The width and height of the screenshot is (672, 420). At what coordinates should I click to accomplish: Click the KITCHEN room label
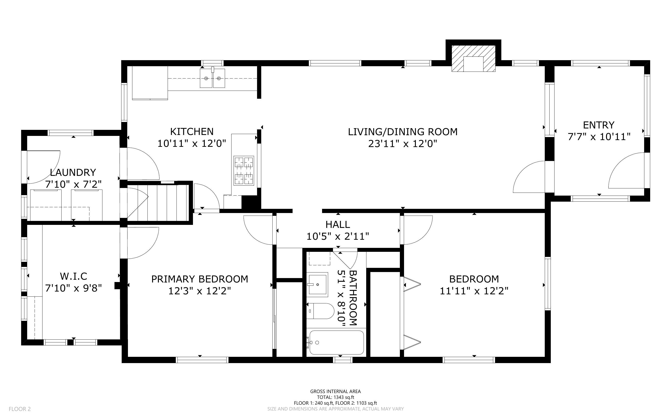pyautogui.click(x=192, y=131)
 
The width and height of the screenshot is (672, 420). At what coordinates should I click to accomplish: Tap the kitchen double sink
pyautogui.click(x=212, y=78)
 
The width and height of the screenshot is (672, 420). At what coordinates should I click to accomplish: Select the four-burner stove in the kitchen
pyautogui.click(x=244, y=170)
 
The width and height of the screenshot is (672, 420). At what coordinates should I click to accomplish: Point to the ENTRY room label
pyautogui.click(x=598, y=125)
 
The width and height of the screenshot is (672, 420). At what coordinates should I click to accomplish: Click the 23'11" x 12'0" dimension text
pyautogui.click(x=402, y=144)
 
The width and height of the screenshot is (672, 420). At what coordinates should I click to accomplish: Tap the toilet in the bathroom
pyautogui.click(x=321, y=311)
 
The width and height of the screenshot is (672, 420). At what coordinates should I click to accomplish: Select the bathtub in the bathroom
pyautogui.click(x=336, y=342)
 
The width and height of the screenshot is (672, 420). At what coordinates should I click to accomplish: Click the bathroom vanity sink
pyautogui.click(x=317, y=284)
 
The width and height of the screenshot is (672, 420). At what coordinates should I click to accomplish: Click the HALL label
pyautogui.click(x=338, y=224)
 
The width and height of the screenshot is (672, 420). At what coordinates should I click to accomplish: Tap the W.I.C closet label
pyautogui.click(x=74, y=276)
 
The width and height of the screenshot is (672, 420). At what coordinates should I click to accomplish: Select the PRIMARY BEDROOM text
pyautogui.click(x=199, y=279)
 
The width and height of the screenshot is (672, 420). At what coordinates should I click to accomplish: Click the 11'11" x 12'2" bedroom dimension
pyautogui.click(x=474, y=291)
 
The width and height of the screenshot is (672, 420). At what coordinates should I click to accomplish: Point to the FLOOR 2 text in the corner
pyautogui.click(x=20, y=409)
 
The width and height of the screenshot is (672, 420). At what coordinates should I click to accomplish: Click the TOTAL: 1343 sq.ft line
pyautogui.click(x=335, y=397)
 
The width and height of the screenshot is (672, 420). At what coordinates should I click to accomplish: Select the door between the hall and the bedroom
pyautogui.click(x=416, y=230)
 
